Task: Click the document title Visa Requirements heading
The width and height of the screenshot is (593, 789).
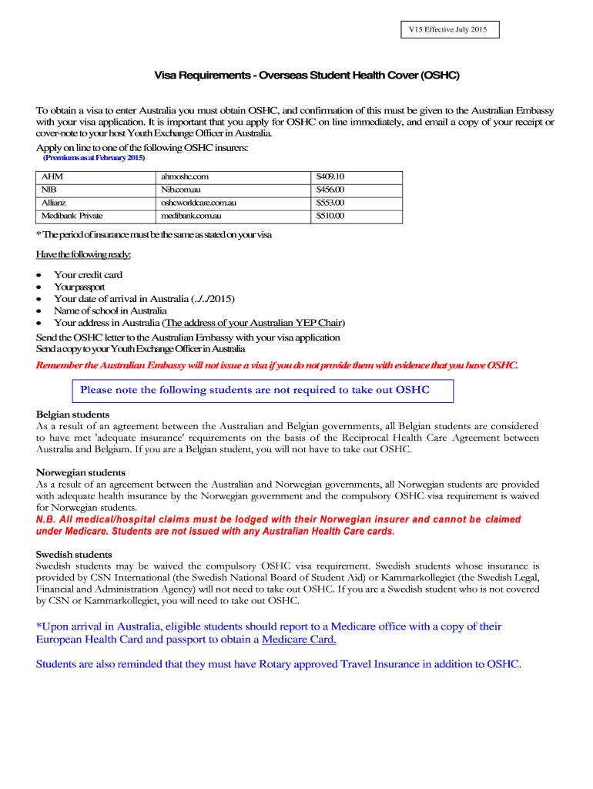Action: [307, 76]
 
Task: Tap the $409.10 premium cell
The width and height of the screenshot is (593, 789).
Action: [330, 176]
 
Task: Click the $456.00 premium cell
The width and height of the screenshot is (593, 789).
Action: [330, 190]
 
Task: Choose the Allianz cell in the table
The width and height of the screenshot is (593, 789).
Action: [55, 203]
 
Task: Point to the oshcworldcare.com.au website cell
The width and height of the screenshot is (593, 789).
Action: [198, 203]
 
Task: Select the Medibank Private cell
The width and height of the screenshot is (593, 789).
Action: [72, 216]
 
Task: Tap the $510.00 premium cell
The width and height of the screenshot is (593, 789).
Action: [330, 216]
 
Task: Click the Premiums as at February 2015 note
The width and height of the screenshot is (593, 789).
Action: [93, 158]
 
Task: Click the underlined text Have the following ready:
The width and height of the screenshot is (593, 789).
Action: [84, 254]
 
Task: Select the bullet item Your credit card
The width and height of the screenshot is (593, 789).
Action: [88, 274]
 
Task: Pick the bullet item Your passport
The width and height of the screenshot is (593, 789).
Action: [79, 287]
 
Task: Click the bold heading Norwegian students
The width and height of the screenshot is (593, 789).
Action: [81, 472]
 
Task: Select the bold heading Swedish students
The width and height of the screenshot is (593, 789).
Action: [74, 554]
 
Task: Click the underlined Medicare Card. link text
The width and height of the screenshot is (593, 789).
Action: [300, 640]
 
